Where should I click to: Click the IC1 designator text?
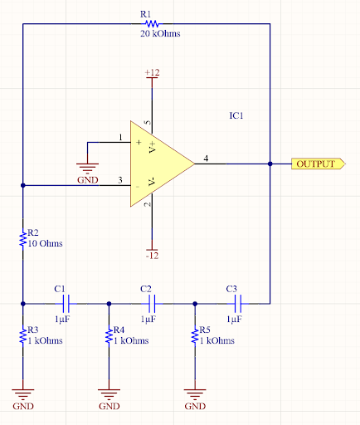pos(236,115)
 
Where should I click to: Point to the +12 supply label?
pos(152,73)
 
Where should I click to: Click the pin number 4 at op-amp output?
pos(206,158)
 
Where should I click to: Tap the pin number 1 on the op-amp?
pos(120,137)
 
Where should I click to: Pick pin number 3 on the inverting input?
pos(120,179)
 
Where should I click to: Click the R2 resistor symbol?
pos(23,239)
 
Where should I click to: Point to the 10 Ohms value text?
pos(46,244)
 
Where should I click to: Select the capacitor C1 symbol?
pos(66,303)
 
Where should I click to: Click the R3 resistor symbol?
pos(23,335)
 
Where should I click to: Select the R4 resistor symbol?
pos(109,335)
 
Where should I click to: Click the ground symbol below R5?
pos(194,393)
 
